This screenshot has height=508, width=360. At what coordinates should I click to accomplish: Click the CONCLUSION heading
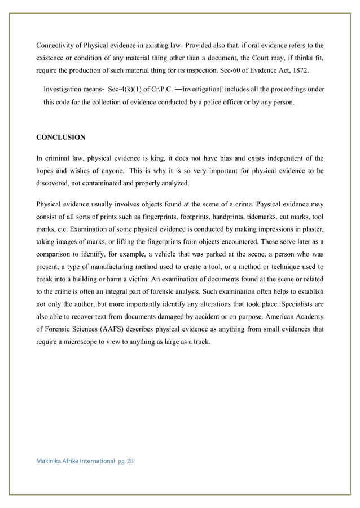coord(61,138)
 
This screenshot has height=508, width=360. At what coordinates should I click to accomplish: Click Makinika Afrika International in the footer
coord(76,461)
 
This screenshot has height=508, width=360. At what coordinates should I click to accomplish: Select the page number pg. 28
coord(126,461)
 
